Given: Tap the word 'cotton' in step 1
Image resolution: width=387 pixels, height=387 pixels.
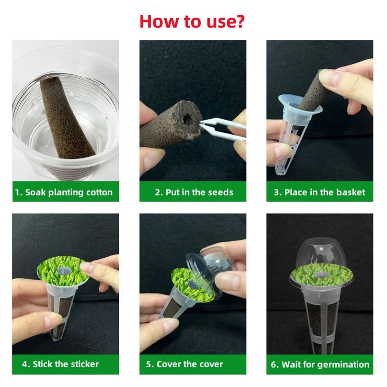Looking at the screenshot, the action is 99,192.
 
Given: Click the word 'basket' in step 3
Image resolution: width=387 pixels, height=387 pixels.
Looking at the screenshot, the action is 351,192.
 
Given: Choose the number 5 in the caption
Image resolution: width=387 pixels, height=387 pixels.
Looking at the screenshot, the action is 148,364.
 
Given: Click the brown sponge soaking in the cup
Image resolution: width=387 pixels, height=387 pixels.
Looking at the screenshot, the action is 66,118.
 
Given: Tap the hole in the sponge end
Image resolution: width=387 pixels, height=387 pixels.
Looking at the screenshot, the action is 187,119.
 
